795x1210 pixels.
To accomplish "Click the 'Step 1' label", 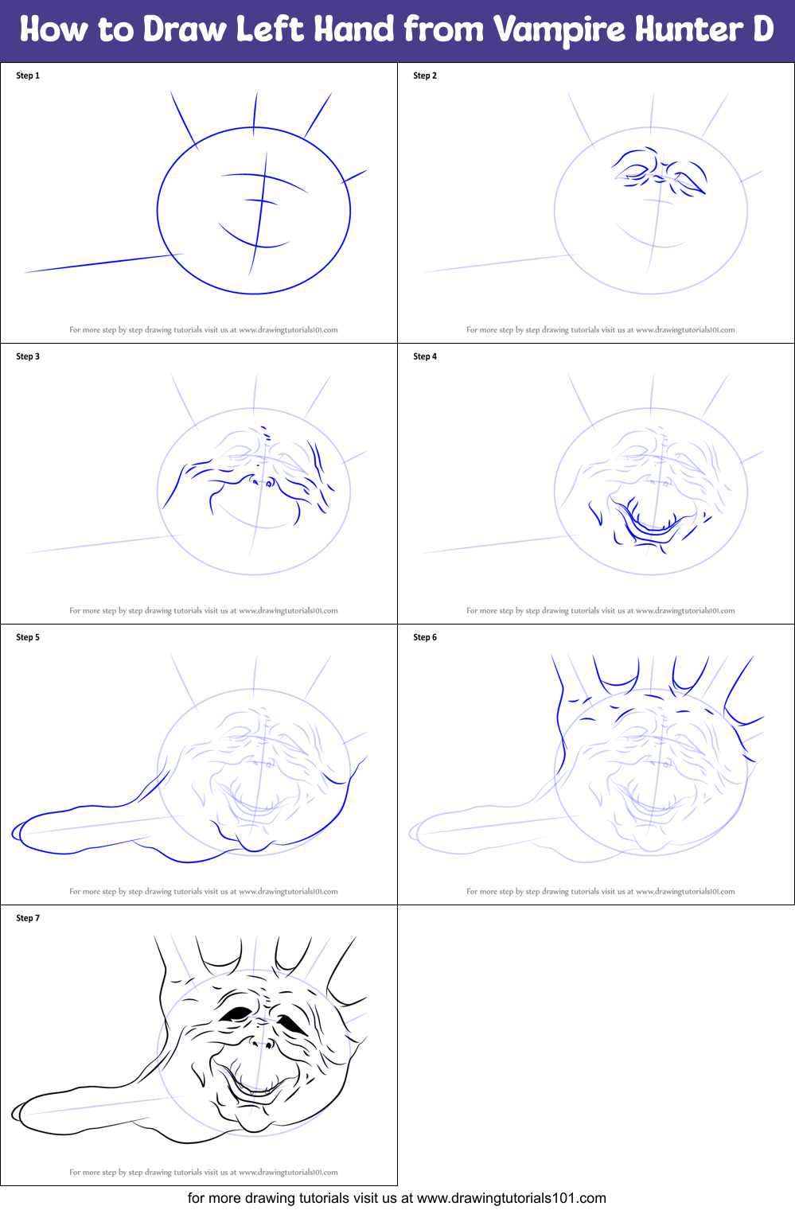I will pos(28,76).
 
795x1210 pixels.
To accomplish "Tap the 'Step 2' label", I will pos(425,76).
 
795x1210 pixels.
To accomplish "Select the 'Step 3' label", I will pos(28,356).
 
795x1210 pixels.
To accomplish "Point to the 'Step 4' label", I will pos(425,356).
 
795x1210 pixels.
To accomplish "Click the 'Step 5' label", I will pos(28,637).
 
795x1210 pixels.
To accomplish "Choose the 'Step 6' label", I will pos(425,637).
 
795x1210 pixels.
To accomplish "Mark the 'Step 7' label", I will pos(28,918).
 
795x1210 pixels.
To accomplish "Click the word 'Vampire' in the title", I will pos(559,30).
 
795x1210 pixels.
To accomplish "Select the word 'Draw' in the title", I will pos(185,30).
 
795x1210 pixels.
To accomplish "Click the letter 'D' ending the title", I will pos(762,30).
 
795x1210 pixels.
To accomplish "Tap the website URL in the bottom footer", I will pos(511,1198).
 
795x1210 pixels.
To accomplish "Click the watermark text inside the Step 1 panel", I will pos(204,329).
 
